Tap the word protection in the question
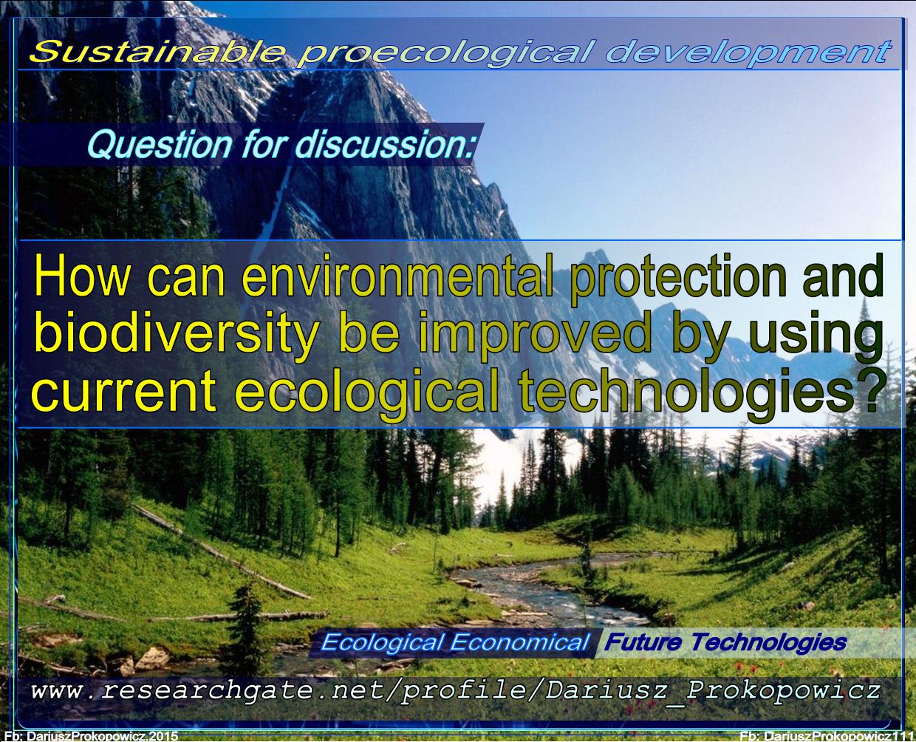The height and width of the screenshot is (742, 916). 679,279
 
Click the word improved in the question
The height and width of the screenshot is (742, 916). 533,335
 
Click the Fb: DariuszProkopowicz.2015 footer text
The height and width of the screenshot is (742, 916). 91,736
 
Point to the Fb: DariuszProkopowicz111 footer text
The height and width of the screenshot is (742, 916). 826,736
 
